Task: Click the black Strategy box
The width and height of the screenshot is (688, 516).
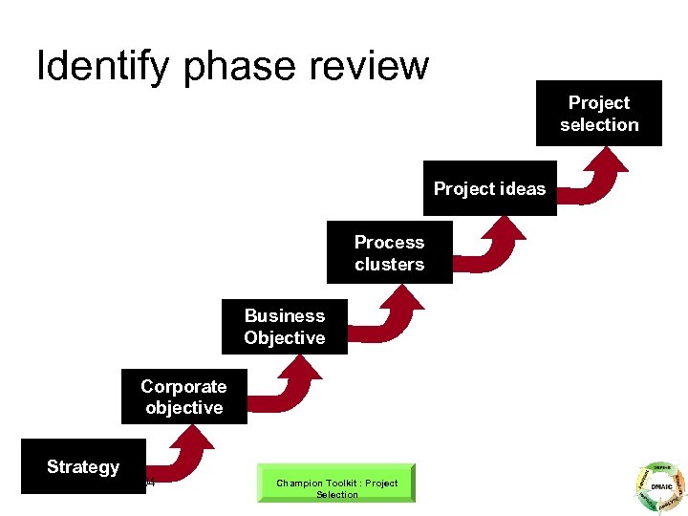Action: (x=83, y=466)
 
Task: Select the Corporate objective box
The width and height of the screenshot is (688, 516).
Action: (x=183, y=397)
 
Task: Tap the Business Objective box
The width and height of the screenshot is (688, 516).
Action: (x=284, y=327)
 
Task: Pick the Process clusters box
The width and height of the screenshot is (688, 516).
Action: (x=389, y=253)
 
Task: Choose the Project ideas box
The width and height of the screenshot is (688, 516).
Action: (x=489, y=189)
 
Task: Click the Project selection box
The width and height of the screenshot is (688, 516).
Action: (x=599, y=114)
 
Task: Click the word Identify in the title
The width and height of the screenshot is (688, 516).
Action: (x=103, y=66)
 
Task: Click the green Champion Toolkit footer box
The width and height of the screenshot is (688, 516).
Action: (x=337, y=484)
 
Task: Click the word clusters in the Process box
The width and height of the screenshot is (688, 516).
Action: (x=389, y=265)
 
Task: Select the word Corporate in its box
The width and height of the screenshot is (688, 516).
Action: (x=183, y=386)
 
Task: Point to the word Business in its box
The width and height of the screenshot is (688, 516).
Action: (x=284, y=316)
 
